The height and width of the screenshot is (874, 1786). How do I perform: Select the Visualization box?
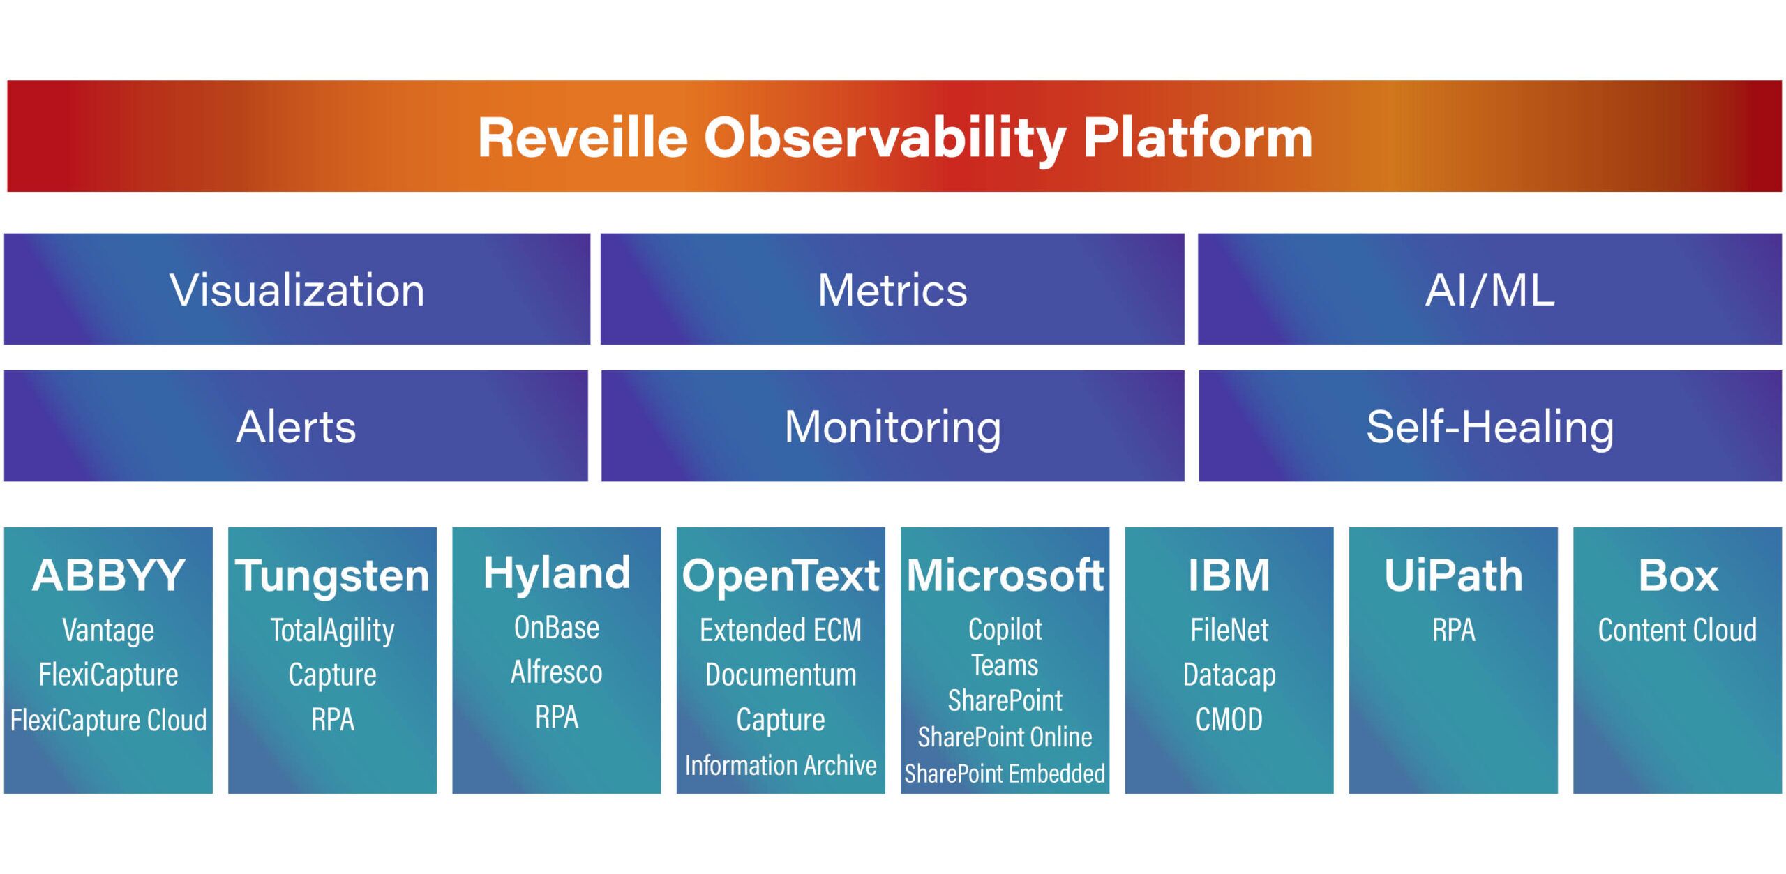click(x=297, y=289)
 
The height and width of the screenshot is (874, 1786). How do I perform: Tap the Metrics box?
click(x=892, y=289)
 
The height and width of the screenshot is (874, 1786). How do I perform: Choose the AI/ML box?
click(x=1489, y=289)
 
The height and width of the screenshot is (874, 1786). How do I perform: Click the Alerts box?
click(x=296, y=426)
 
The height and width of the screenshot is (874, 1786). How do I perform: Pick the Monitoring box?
click(x=892, y=426)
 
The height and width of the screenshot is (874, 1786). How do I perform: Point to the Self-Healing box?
click(x=1489, y=426)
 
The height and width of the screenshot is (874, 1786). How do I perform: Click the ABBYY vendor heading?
click(x=108, y=575)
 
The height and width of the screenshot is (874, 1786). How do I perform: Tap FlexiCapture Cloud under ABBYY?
click(x=108, y=720)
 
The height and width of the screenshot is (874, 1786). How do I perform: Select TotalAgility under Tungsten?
click(x=332, y=631)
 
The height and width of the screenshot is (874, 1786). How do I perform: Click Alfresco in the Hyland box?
click(x=556, y=672)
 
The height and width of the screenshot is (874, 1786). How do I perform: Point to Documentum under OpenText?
click(x=780, y=675)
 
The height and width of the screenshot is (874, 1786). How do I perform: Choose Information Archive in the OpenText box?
click(x=780, y=765)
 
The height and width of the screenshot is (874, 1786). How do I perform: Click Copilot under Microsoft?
click(x=1005, y=629)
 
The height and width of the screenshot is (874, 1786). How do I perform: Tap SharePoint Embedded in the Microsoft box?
click(x=1005, y=774)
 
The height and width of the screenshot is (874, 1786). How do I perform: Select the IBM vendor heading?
click(x=1229, y=575)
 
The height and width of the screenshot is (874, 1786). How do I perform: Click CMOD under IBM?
click(x=1229, y=719)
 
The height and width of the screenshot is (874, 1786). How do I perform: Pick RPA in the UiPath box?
click(x=1453, y=631)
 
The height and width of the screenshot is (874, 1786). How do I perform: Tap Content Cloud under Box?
click(x=1677, y=631)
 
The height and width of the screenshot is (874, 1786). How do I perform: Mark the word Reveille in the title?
click(x=583, y=137)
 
